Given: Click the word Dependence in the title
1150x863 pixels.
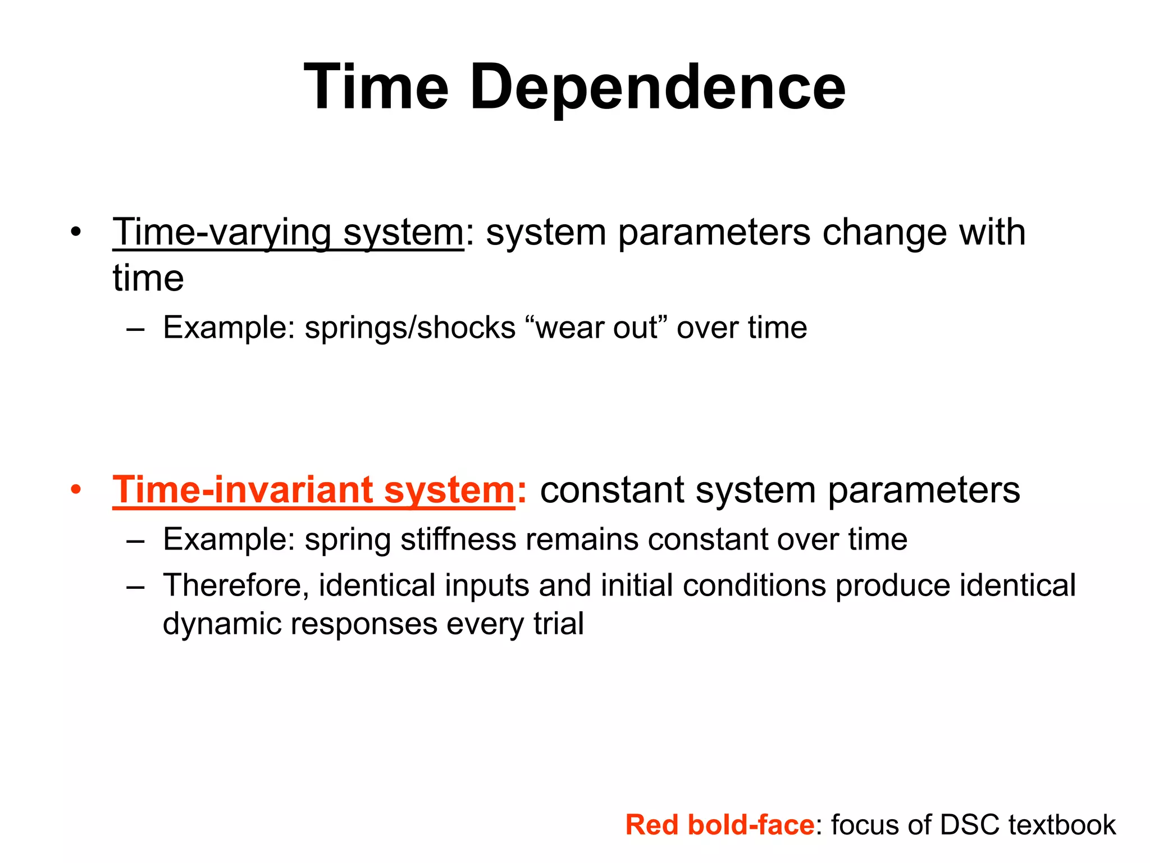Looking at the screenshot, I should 656,88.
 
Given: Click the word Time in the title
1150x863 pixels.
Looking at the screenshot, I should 376,87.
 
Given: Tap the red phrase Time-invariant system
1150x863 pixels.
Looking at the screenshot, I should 313,490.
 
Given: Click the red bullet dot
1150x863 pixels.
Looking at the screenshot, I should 76,490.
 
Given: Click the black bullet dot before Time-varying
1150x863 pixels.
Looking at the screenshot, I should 76,232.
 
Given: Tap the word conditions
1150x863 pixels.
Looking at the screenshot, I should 754,585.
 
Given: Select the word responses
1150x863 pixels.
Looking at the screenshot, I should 364,624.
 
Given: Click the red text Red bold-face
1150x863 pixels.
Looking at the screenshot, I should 719,825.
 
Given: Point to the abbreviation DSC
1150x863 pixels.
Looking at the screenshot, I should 970,825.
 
